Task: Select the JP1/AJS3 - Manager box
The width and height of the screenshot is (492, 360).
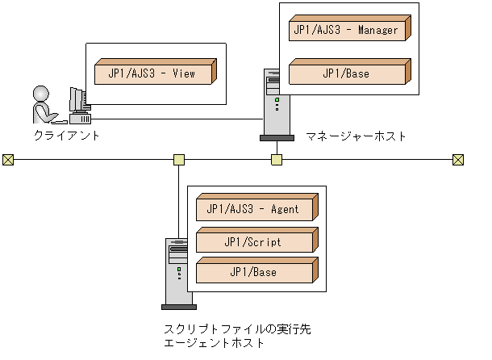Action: point(348,31)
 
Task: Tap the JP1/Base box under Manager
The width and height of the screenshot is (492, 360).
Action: point(348,73)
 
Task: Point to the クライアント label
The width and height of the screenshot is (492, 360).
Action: point(67,136)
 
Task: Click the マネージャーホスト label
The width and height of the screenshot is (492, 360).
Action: point(356,136)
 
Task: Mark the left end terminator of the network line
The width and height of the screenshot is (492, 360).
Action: point(8,159)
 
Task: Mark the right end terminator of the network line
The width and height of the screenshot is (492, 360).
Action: point(458,159)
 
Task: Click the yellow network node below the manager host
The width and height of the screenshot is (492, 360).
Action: point(277,159)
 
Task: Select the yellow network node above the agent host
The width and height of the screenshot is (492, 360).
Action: point(179,159)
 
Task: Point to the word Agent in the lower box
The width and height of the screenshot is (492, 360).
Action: point(283,209)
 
